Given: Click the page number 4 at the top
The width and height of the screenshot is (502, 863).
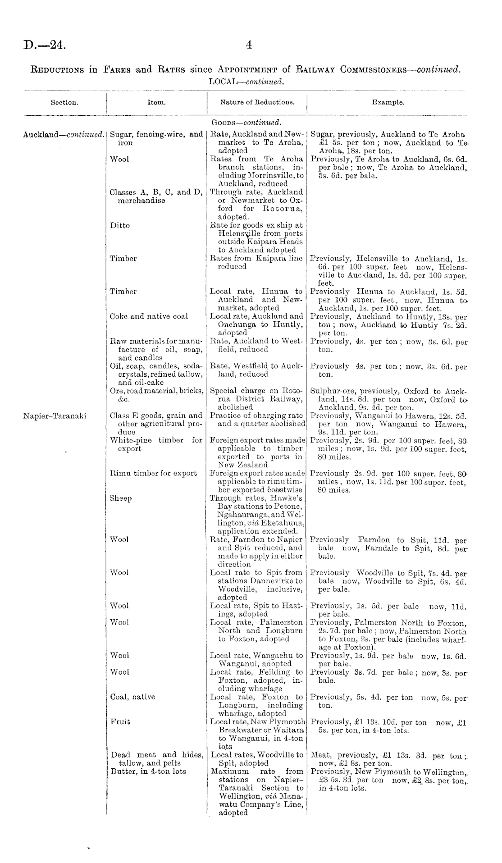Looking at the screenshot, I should click(249, 45).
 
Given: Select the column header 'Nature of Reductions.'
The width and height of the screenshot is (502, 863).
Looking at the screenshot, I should click(257, 102).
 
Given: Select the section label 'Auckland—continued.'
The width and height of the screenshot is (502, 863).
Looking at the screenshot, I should click(64, 134).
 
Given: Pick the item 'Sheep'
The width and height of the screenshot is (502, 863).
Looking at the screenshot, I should click(121, 498).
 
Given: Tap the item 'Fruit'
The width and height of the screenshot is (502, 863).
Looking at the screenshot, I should click(120, 721).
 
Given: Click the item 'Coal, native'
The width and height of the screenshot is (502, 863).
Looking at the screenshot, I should click(132, 697).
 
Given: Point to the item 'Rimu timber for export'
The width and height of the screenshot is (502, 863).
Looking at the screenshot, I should click(153, 473).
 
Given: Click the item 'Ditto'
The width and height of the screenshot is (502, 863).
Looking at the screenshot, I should click(120, 225).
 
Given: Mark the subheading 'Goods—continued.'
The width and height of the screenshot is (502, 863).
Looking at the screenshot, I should click(246, 123).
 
